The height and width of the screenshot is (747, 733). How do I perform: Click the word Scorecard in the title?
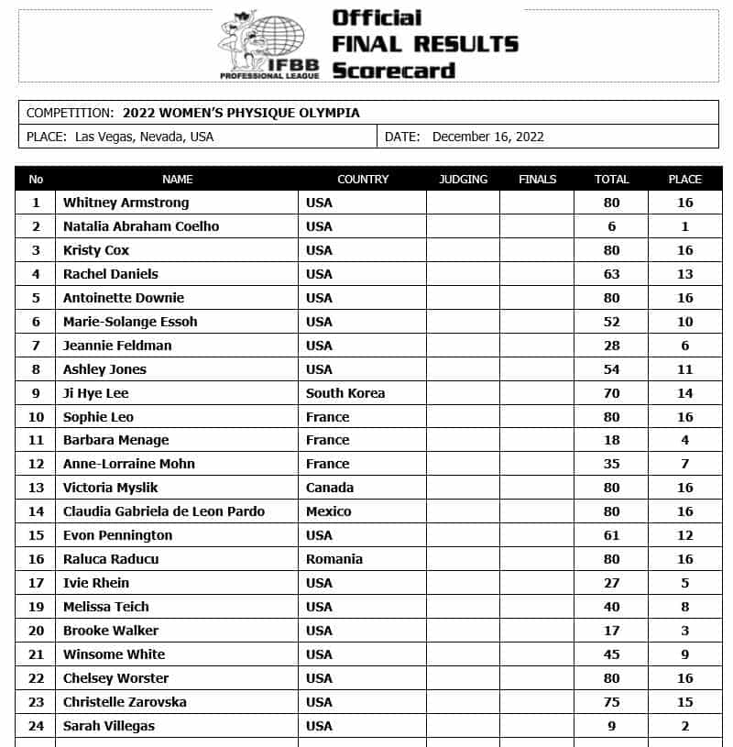(x=393, y=70)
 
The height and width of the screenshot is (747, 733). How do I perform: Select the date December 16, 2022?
(x=487, y=137)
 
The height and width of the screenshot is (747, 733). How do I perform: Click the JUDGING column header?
(x=463, y=179)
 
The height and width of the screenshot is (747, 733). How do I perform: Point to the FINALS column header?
(x=537, y=179)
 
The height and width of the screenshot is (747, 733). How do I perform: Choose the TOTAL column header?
(x=611, y=179)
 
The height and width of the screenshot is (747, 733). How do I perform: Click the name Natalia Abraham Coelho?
(x=141, y=226)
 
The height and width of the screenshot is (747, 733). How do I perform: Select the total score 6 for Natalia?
(x=611, y=226)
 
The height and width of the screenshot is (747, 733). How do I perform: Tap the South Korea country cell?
(x=345, y=393)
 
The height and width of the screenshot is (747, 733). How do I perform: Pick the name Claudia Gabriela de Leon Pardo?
(x=164, y=511)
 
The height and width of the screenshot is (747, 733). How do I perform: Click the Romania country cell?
(x=334, y=559)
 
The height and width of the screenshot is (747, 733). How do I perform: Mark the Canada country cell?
(x=330, y=488)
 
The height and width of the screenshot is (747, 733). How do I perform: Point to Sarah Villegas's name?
(x=108, y=726)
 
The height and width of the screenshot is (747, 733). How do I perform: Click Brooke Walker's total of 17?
(x=611, y=631)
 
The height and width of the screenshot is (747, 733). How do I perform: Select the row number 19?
(x=37, y=607)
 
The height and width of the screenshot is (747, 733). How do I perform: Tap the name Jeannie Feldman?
(x=117, y=346)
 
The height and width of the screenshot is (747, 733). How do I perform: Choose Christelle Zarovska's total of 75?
(x=611, y=702)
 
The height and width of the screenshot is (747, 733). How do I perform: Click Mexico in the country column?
(x=329, y=511)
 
